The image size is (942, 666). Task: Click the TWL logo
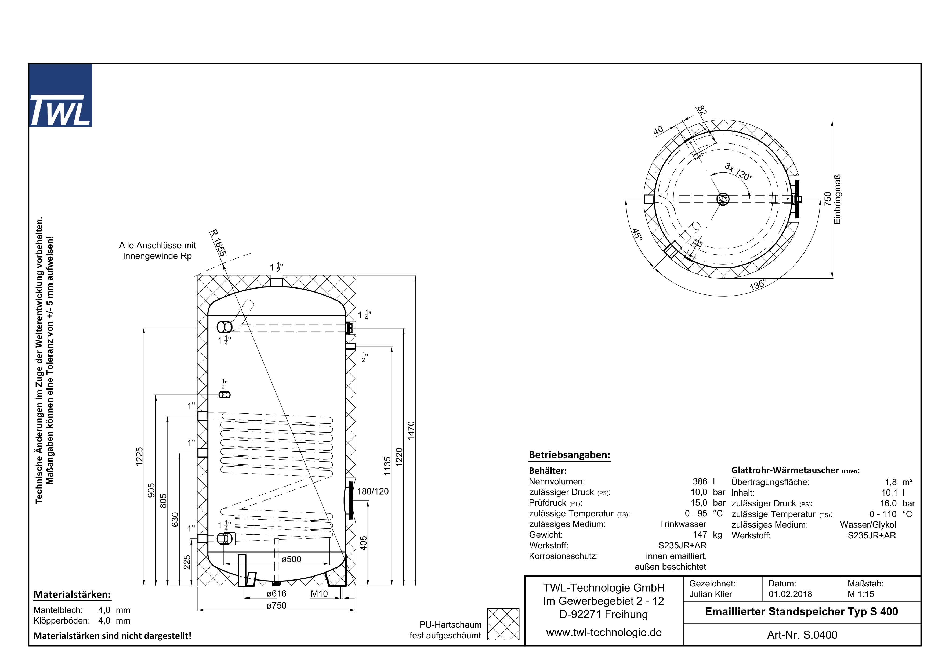pos(60,95)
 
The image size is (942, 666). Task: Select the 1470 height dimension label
pos(411,430)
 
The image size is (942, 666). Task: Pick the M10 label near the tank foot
pos(319,594)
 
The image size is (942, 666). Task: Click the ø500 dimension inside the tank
pos(291,559)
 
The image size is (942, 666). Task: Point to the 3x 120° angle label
pos(738,171)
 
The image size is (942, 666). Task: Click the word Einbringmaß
pos(837,199)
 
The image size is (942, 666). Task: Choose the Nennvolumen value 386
pos(700,481)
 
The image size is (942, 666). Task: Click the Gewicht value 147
pos(700,535)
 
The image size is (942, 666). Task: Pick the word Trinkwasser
pos(683,524)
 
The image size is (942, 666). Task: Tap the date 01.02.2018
pos(790,594)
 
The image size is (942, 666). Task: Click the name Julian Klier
pos(711,594)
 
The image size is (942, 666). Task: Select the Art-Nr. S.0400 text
pos(802,635)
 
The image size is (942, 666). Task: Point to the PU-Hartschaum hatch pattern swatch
pos(503,624)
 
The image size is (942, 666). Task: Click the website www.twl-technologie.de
pos(604,632)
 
